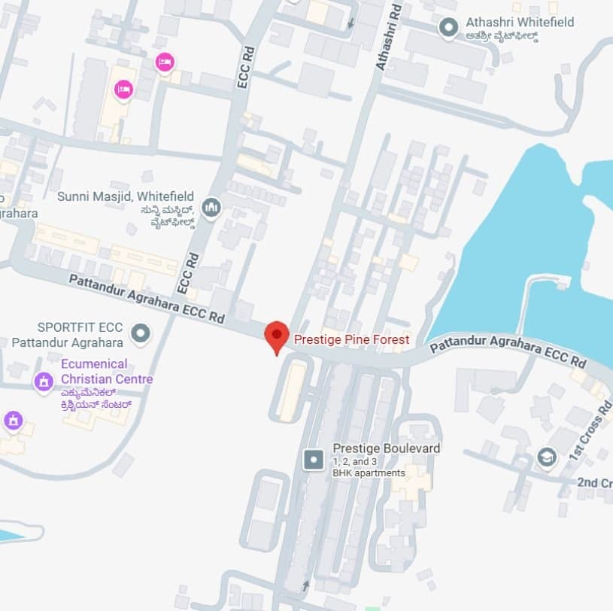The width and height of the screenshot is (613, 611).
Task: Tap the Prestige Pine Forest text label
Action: click(x=351, y=340)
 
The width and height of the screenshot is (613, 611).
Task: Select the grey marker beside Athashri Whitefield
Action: click(x=449, y=29)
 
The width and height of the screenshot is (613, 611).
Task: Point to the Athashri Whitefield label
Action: click(x=519, y=23)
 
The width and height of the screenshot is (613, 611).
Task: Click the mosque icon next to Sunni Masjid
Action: click(x=211, y=205)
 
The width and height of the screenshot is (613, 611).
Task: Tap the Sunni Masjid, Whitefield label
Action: click(x=126, y=196)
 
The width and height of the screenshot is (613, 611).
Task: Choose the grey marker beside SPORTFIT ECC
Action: click(x=139, y=332)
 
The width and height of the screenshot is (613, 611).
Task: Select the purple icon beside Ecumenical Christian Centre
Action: click(x=44, y=381)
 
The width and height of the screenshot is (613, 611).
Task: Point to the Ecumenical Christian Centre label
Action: click(x=105, y=372)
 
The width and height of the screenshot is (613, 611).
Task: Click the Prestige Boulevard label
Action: click(x=386, y=448)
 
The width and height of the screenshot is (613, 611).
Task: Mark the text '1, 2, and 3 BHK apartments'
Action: click(x=369, y=467)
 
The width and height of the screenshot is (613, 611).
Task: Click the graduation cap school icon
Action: click(x=546, y=456)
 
